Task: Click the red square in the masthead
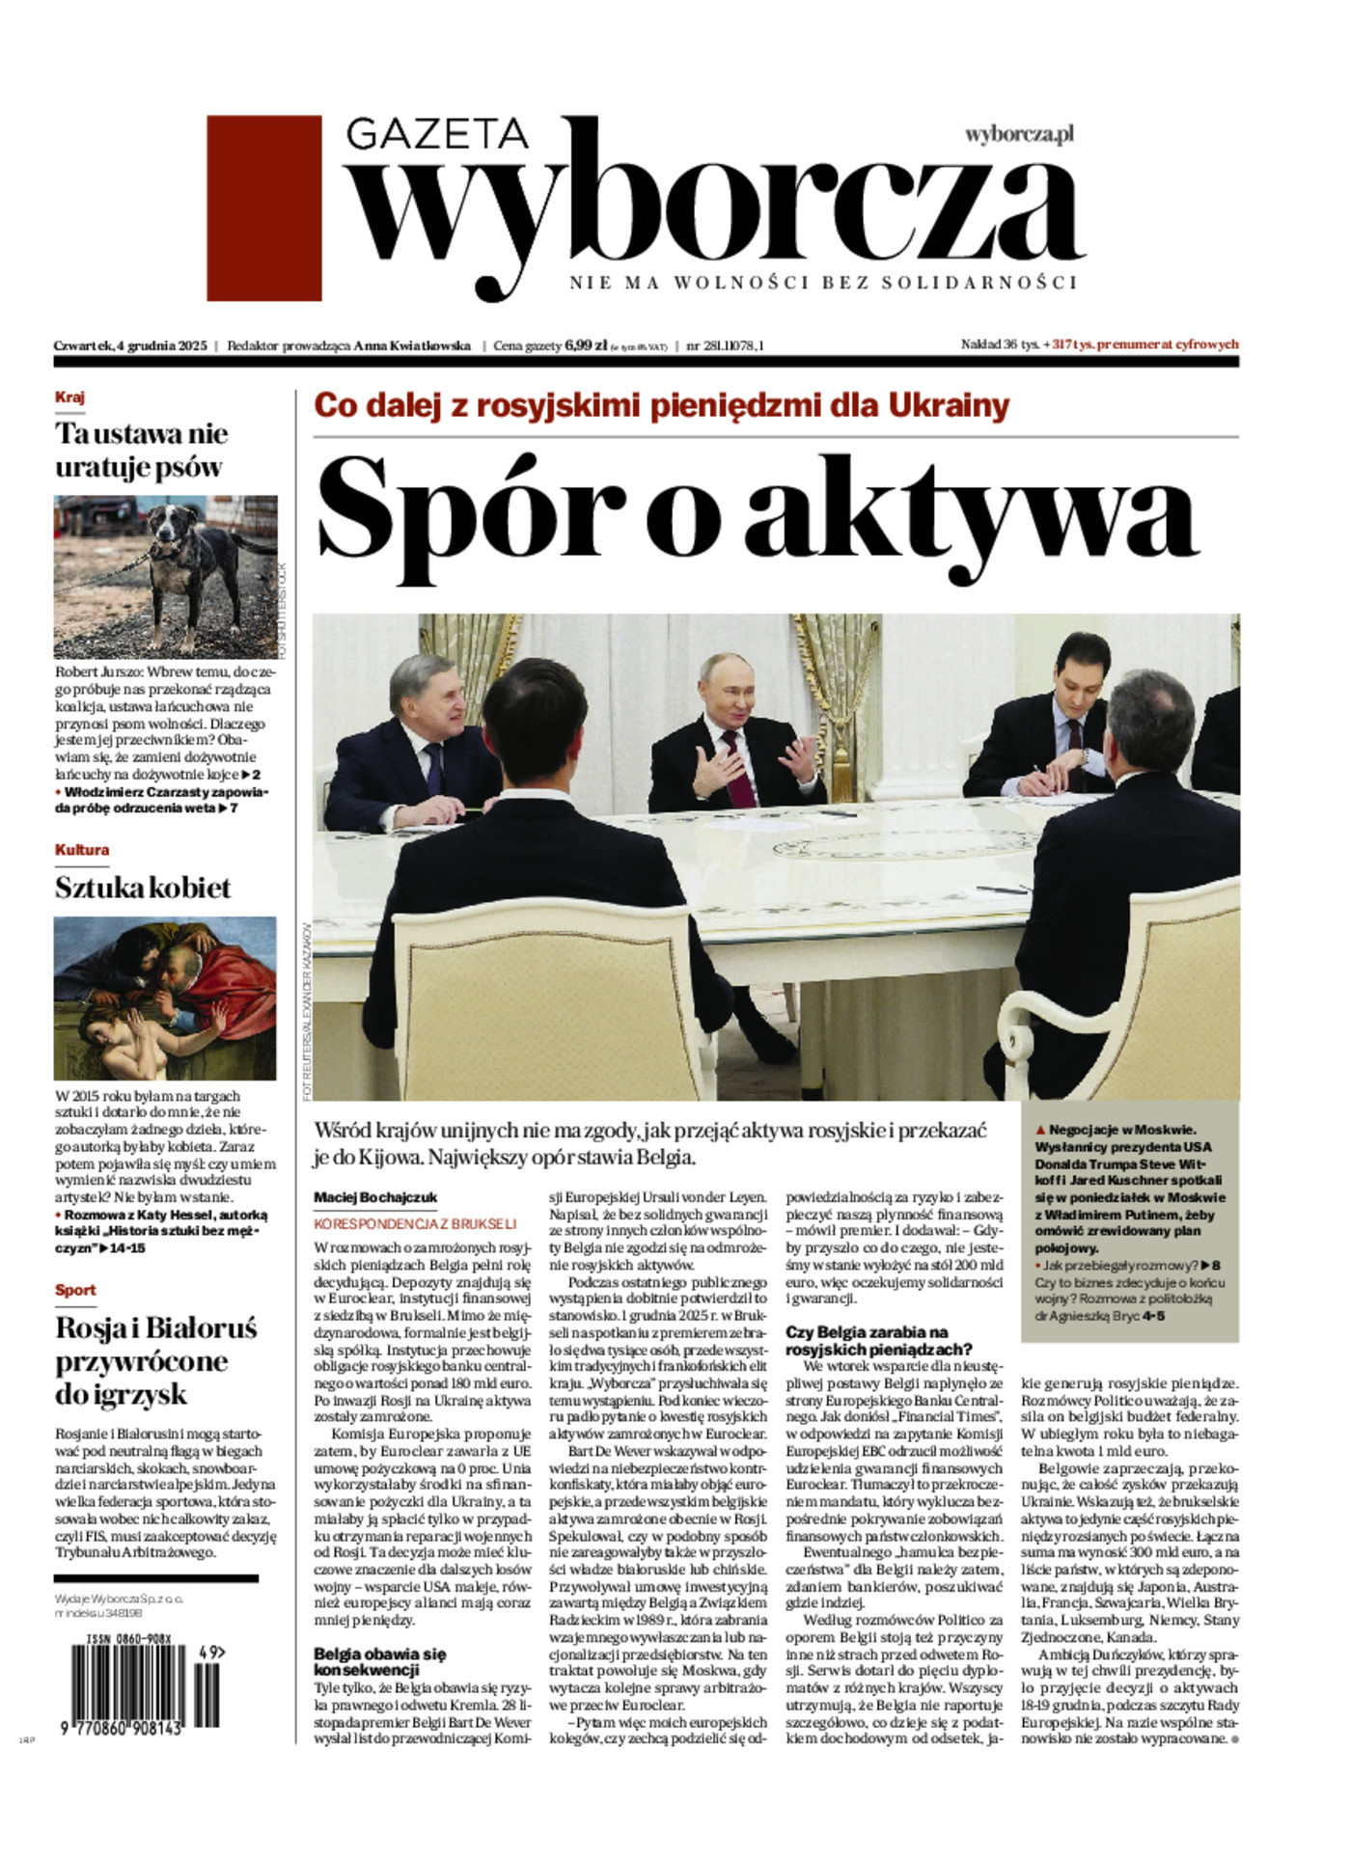tap(263, 207)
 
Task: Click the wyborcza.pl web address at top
tap(1019, 135)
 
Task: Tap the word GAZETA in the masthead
tap(436, 134)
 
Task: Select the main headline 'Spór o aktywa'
tap(757, 516)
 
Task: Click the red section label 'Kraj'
tap(69, 397)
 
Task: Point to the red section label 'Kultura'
tap(81, 850)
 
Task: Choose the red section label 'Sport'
tap(75, 1290)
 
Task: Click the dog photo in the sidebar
tap(165, 576)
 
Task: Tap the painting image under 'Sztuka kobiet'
tap(165, 998)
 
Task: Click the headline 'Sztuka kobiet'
tap(143, 888)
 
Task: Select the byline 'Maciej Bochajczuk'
tap(375, 1197)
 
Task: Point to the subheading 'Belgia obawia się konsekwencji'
tap(379, 1661)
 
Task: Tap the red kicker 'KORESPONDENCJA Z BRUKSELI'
tap(415, 1222)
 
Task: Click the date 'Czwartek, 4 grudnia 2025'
tap(130, 345)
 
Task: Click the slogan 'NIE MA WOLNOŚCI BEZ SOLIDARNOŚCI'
tap(822, 283)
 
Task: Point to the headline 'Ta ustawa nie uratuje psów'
tap(141, 450)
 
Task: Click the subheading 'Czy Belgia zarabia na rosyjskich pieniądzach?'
tap(878, 1340)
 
